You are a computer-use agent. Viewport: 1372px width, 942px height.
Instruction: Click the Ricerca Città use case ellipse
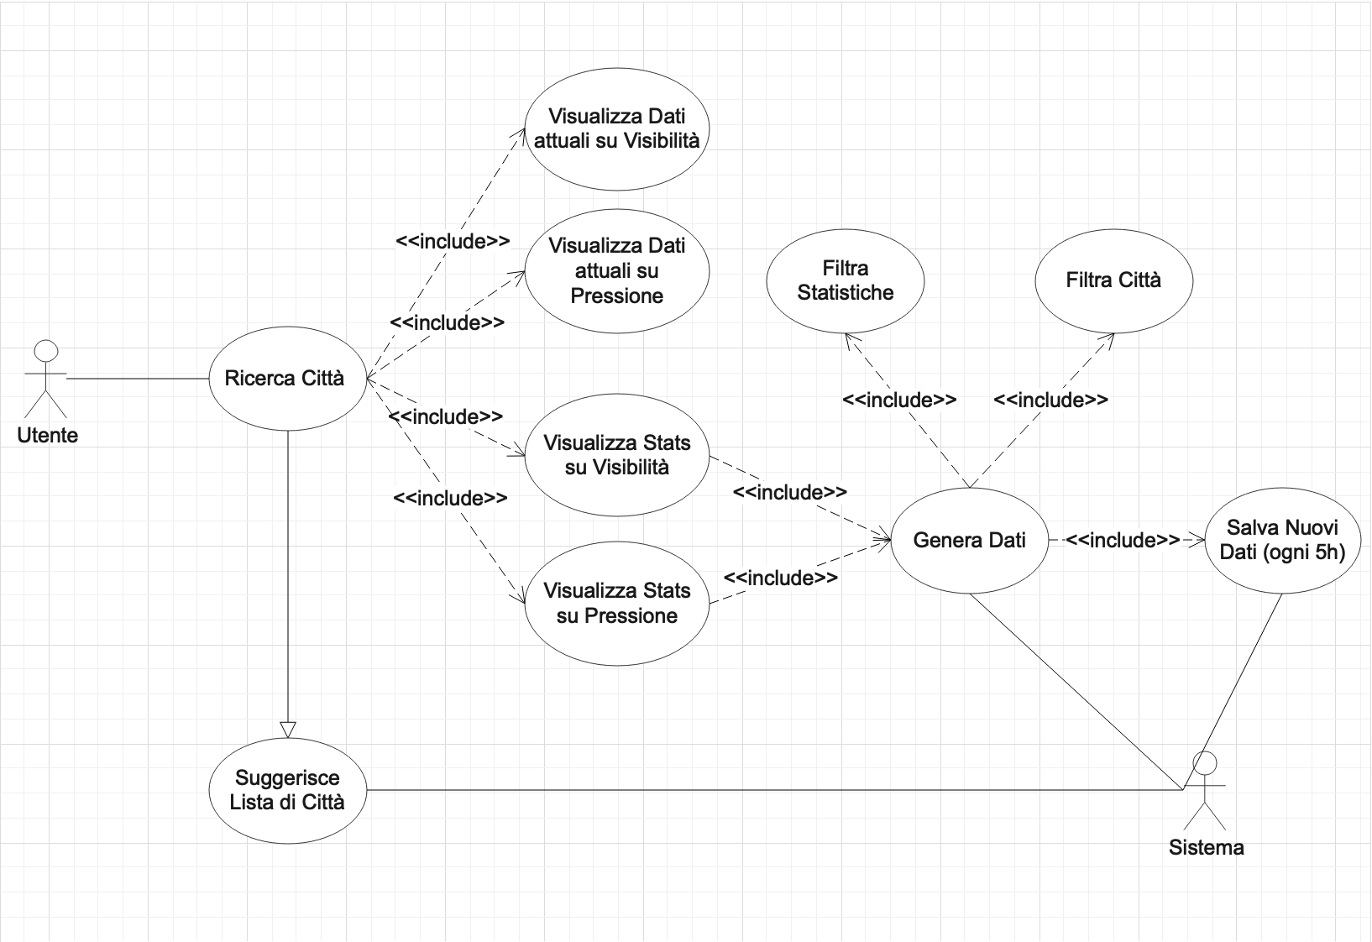click(287, 379)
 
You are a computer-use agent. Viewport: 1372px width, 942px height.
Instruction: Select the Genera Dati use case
click(969, 540)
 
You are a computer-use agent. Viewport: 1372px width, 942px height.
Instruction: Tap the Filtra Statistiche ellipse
click(846, 280)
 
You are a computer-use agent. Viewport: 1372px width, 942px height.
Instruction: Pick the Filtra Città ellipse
click(1113, 280)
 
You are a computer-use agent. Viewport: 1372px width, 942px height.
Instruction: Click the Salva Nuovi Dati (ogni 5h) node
click(1282, 540)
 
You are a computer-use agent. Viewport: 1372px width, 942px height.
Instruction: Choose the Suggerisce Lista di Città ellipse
click(287, 790)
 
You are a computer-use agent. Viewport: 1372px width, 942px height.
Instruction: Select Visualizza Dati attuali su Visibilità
click(617, 128)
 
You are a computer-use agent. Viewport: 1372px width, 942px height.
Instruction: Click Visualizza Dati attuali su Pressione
click(617, 270)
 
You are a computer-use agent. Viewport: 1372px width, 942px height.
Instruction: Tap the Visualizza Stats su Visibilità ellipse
click(617, 455)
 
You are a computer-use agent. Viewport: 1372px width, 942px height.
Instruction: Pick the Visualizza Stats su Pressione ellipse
click(617, 604)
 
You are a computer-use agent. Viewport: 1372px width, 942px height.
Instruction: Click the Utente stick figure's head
click(46, 352)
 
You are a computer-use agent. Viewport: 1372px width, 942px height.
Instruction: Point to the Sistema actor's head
click(1205, 764)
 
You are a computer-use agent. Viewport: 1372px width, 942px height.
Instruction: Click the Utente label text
click(48, 436)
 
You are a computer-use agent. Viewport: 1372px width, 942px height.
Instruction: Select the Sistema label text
click(1206, 848)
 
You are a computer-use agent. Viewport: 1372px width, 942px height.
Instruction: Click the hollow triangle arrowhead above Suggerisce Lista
click(287, 730)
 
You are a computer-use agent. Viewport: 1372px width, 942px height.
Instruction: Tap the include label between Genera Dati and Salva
click(1123, 540)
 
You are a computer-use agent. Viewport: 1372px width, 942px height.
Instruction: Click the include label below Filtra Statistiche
click(899, 400)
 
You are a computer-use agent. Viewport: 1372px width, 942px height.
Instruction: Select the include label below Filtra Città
click(1050, 400)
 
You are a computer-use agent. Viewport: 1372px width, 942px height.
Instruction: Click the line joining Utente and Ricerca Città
click(137, 379)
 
